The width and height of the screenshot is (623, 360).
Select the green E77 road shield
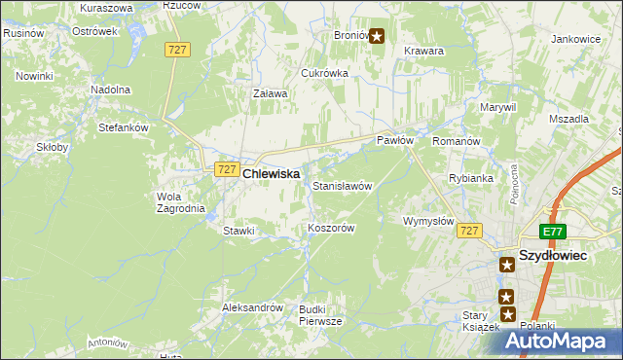(x=554, y=232)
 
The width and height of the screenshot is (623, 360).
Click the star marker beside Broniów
(x=377, y=36)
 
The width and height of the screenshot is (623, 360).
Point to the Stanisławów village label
(x=342, y=185)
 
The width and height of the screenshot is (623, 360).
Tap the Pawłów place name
(x=396, y=141)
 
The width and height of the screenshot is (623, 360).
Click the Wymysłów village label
(x=428, y=222)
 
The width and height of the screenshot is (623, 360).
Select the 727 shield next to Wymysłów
(x=470, y=231)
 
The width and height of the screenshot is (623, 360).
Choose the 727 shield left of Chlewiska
(x=226, y=169)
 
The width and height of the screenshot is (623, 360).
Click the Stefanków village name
(x=123, y=126)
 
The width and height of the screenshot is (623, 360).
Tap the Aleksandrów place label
(x=252, y=307)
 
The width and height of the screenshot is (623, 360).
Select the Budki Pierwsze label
(x=320, y=314)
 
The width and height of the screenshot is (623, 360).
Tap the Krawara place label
(x=423, y=51)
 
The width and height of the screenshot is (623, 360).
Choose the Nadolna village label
(x=110, y=90)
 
